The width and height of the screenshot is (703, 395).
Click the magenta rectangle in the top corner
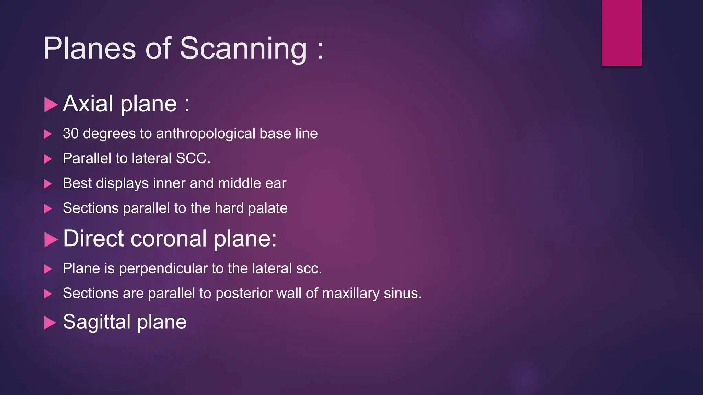pyautogui.click(x=621, y=33)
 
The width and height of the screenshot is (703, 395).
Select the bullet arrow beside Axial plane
pyautogui.click(x=50, y=105)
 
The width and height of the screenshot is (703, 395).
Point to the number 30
pyautogui.click(x=71, y=133)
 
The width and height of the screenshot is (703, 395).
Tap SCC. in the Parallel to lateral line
pyautogui.click(x=193, y=158)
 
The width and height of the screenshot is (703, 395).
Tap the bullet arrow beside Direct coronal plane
pyautogui.click(x=50, y=239)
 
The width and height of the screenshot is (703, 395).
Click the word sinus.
pyautogui.click(x=402, y=294)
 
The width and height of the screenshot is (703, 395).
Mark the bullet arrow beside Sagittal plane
pyautogui.click(x=50, y=323)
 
